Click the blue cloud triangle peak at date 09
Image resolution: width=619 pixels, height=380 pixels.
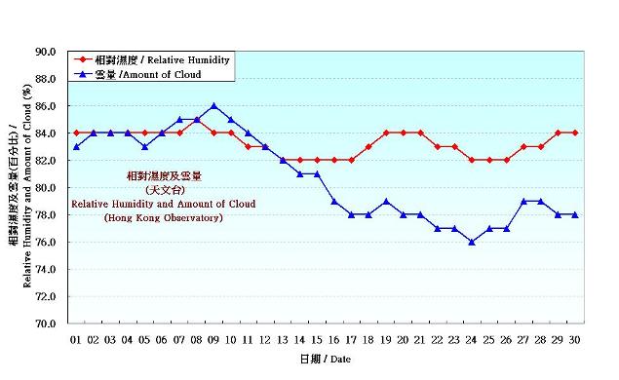click(x=213, y=105)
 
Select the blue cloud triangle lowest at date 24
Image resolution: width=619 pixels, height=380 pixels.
click(x=472, y=242)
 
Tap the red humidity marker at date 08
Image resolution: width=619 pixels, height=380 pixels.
click(x=197, y=119)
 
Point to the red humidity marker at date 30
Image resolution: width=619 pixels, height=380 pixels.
click(x=575, y=133)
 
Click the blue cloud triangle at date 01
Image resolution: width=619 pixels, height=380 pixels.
click(x=76, y=146)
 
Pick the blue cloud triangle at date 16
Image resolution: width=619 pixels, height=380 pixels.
click(x=334, y=201)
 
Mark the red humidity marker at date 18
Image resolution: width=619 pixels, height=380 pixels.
click(x=368, y=146)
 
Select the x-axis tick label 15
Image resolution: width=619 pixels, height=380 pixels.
click(x=317, y=340)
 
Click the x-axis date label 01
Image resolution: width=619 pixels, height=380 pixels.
click(x=76, y=340)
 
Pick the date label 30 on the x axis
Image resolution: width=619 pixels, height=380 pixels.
click(x=575, y=340)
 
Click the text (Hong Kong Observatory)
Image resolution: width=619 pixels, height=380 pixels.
click(x=164, y=218)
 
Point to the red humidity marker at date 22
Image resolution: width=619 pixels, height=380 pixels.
click(x=438, y=146)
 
